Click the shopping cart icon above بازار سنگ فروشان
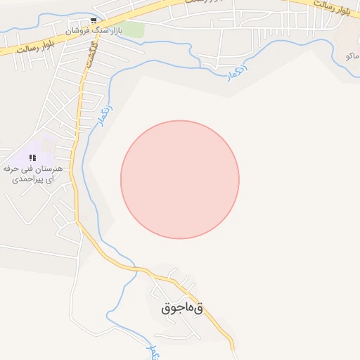point(94,20)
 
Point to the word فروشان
point(78,32)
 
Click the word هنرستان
point(49,169)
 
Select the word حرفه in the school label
point(11,169)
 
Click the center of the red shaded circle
point(180,179)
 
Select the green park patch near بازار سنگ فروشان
point(134,30)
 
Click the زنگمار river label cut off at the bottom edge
point(150,351)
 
